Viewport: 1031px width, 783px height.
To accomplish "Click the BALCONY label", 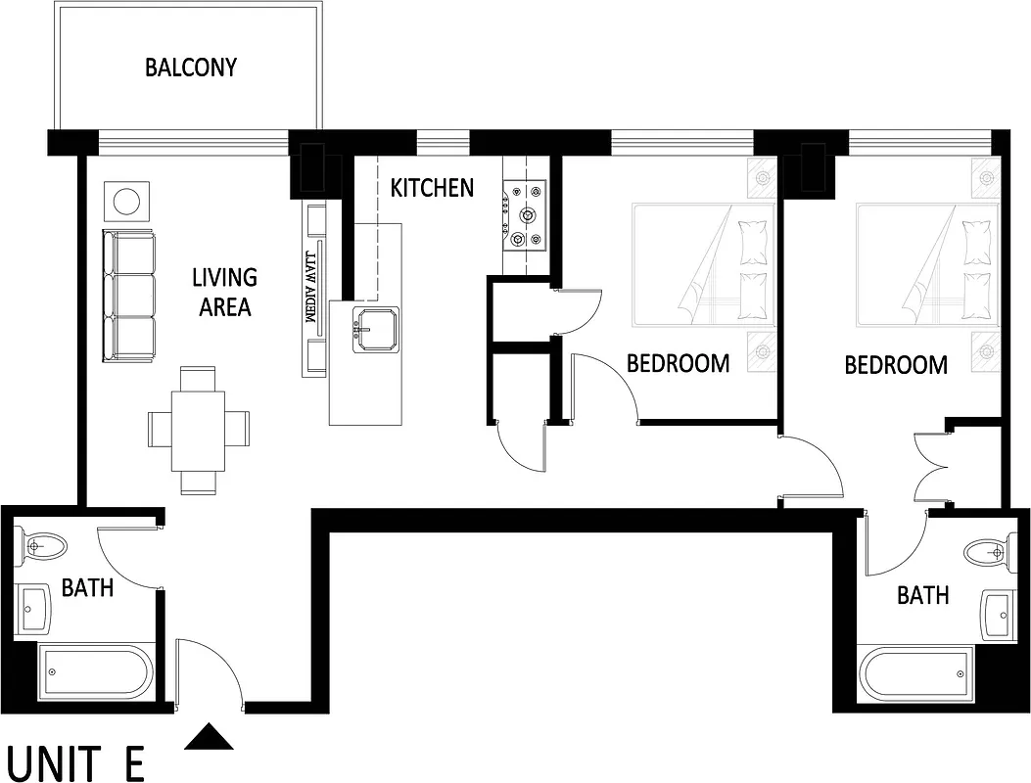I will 191,68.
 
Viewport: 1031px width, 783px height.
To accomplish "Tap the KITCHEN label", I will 432,188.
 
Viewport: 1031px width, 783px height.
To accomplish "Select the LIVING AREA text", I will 225,293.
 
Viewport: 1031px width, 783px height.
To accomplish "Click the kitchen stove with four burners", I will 526,216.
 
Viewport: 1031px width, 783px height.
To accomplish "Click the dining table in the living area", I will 199,430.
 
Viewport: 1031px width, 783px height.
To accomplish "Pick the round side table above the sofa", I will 127,202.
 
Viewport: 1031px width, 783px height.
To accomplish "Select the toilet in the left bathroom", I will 41,545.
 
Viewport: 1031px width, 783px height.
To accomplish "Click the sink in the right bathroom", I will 999,615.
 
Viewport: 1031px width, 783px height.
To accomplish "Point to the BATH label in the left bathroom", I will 88,587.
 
